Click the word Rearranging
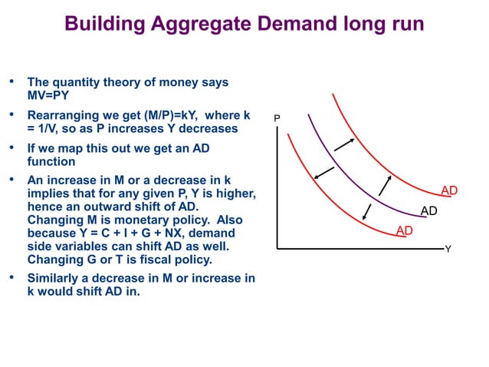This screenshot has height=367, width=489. (66, 115)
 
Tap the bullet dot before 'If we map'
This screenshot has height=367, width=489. (11, 148)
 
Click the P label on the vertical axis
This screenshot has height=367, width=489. (277, 119)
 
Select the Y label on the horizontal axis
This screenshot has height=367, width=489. (448, 250)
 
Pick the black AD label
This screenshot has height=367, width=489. (429, 210)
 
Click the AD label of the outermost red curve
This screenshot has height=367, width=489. (449, 190)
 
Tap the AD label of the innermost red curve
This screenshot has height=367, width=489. (405, 230)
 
